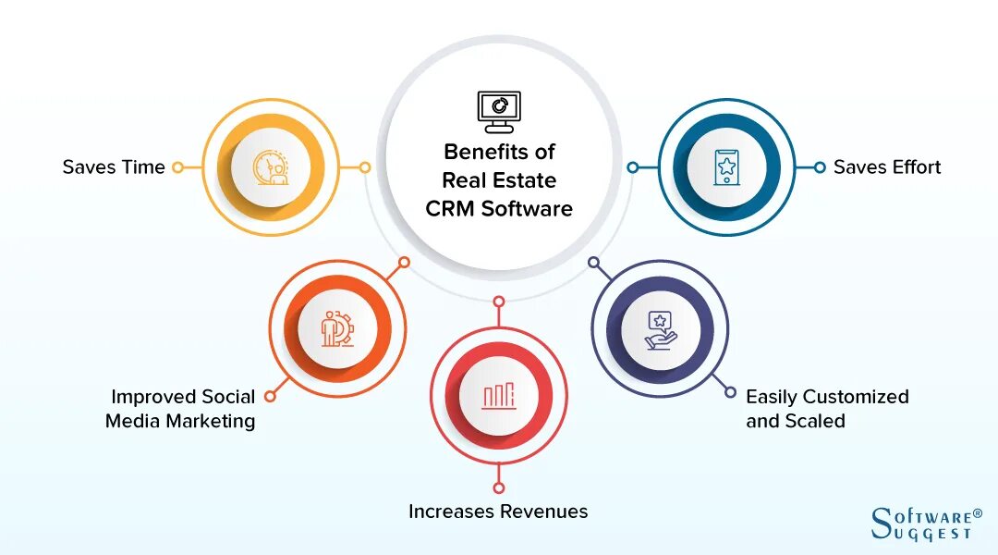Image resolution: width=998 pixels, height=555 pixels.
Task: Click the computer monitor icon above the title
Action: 499,111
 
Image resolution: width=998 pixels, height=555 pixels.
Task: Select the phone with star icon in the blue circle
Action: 726,167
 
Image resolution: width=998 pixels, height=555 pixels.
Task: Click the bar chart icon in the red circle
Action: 499,396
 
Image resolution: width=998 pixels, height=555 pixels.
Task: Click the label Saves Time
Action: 114,167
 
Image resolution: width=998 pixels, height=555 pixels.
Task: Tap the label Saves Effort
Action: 887,167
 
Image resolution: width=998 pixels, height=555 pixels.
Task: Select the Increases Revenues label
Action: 498,512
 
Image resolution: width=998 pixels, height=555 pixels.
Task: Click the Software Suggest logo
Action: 921,524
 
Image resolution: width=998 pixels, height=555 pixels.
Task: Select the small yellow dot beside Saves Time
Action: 177,167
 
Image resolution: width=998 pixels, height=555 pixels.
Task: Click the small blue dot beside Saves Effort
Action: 819,167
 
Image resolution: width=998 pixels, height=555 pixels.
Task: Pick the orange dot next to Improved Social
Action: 270,396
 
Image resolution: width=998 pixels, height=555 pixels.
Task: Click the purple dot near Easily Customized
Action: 730,392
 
